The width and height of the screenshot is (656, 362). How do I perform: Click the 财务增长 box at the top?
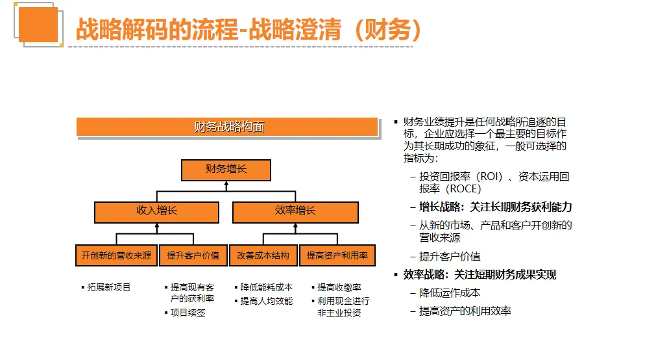(226, 170)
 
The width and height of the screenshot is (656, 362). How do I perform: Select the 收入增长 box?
(157, 212)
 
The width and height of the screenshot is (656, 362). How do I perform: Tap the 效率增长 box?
(295, 212)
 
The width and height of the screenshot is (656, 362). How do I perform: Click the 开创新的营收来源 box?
(116, 255)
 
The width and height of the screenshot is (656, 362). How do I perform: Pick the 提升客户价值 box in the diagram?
(193, 255)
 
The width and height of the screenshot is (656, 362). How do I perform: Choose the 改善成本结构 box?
(263, 255)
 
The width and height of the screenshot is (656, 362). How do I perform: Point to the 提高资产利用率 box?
(337, 255)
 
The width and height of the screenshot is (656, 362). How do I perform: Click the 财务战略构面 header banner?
(228, 127)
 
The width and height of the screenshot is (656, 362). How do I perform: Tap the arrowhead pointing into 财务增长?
(226, 183)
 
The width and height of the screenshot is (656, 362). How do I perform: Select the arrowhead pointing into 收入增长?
(157, 226)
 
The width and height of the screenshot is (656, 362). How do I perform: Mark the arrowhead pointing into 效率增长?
(295, 226)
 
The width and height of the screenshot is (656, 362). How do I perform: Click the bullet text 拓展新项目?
(109, 287)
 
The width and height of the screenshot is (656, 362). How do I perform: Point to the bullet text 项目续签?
(188, 313)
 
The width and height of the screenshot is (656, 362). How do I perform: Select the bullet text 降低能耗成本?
(267, 287)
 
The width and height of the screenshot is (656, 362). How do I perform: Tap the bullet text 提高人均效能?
(267, 301)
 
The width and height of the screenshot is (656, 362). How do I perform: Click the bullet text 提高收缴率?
(339, 287)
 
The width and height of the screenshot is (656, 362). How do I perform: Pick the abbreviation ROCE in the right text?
(463, 189)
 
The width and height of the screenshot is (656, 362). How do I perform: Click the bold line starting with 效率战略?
(480, 274)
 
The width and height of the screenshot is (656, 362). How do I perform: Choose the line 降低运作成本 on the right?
(450, 292)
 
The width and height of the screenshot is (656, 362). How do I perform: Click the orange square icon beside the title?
(38, 25)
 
